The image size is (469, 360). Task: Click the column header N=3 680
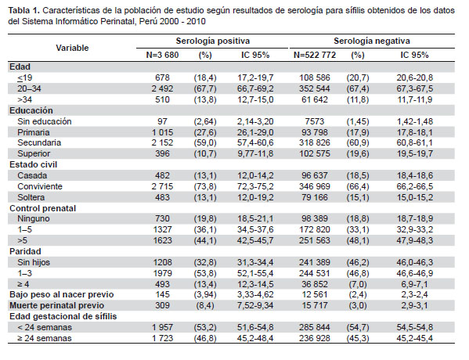162,55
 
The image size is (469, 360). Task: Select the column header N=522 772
315,55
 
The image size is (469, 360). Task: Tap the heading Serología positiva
213,41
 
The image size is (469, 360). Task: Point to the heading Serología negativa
372,41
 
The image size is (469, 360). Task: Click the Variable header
72,48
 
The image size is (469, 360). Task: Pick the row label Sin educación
45,121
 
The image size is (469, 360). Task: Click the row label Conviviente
40,186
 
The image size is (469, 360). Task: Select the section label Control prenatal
42,208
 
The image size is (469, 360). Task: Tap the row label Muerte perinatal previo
57,305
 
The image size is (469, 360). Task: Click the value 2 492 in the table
162,88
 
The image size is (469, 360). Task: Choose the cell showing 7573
315,121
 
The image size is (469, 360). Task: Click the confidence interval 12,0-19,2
255,197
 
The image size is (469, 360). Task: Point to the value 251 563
315,240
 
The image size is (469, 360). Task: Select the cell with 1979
162,273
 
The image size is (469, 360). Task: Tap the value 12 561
315,294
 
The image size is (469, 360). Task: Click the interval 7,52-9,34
255,305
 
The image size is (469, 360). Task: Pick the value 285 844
315,327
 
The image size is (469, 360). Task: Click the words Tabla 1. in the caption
24,11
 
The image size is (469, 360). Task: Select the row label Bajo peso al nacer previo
62,294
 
